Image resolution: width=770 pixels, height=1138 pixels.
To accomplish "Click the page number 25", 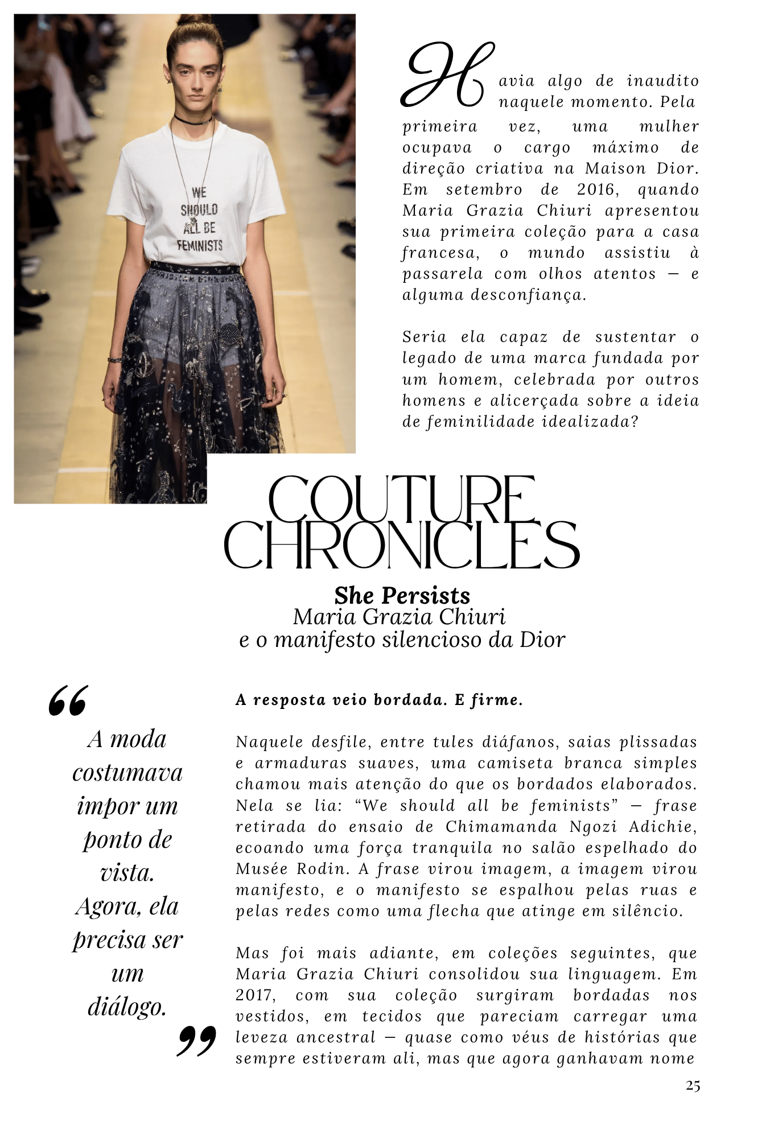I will (x=693, y=1086).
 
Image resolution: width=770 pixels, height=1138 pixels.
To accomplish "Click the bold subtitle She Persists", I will (x=402, y=596).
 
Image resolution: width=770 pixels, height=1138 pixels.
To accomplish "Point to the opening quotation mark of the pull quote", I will (x=68, y=700).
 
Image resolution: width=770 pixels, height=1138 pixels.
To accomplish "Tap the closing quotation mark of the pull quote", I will (x=196, y=1041).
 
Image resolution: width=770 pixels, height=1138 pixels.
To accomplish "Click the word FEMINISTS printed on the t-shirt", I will (x=199, y=246).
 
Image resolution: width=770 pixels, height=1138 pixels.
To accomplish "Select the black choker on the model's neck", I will (x=193, y=119).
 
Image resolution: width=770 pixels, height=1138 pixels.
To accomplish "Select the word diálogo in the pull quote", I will (x=127, y=1007).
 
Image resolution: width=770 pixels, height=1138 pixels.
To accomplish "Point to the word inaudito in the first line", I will (x=662, y=81).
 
